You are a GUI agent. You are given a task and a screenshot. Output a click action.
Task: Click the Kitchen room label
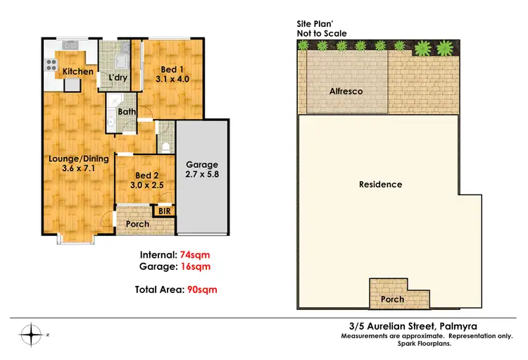click(77, 72)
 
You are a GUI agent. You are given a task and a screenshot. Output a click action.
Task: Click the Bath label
click(127, 111)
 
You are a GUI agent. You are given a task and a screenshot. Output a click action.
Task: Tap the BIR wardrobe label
click(165, 211)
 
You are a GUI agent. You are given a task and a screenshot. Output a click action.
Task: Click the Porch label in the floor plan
click(137, 224)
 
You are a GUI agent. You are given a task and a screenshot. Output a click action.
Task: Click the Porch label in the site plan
click(392, 299)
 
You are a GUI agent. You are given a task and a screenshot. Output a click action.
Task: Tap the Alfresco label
click(346, 92)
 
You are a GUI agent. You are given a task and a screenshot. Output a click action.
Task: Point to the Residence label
click(380, 185)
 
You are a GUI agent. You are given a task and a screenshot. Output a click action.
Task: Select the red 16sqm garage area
click(196, 266)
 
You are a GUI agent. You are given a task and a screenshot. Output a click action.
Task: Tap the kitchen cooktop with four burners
click(51, 66)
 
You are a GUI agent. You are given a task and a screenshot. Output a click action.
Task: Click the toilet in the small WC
click(165, 147)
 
